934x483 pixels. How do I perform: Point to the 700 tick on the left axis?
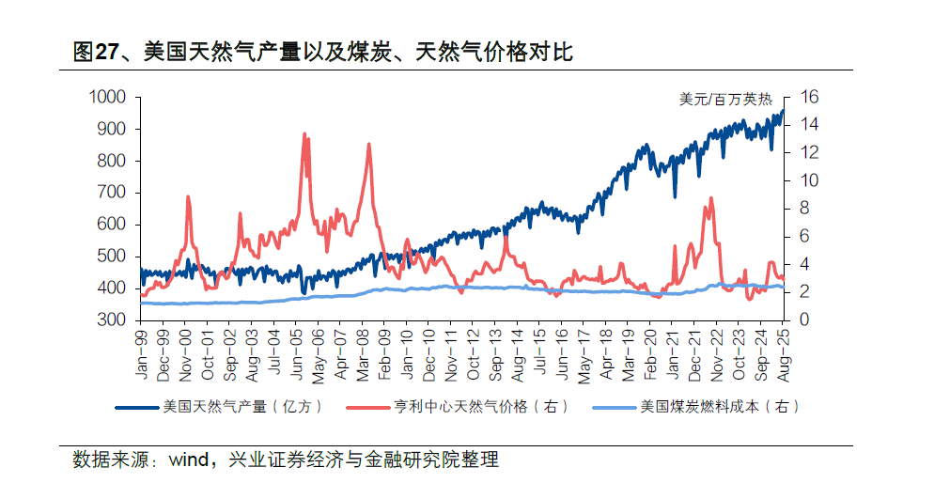(113, 193)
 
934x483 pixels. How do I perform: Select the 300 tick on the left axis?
(113, 319)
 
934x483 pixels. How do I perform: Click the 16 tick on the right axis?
(810, 97)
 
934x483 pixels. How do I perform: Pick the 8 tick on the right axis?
(805, 209)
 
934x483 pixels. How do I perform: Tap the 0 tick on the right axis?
(805, 319)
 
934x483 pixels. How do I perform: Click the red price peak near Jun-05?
(304, 134)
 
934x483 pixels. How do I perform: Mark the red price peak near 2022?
(710, 198)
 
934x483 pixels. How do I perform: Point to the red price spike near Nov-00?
(188, 197)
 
